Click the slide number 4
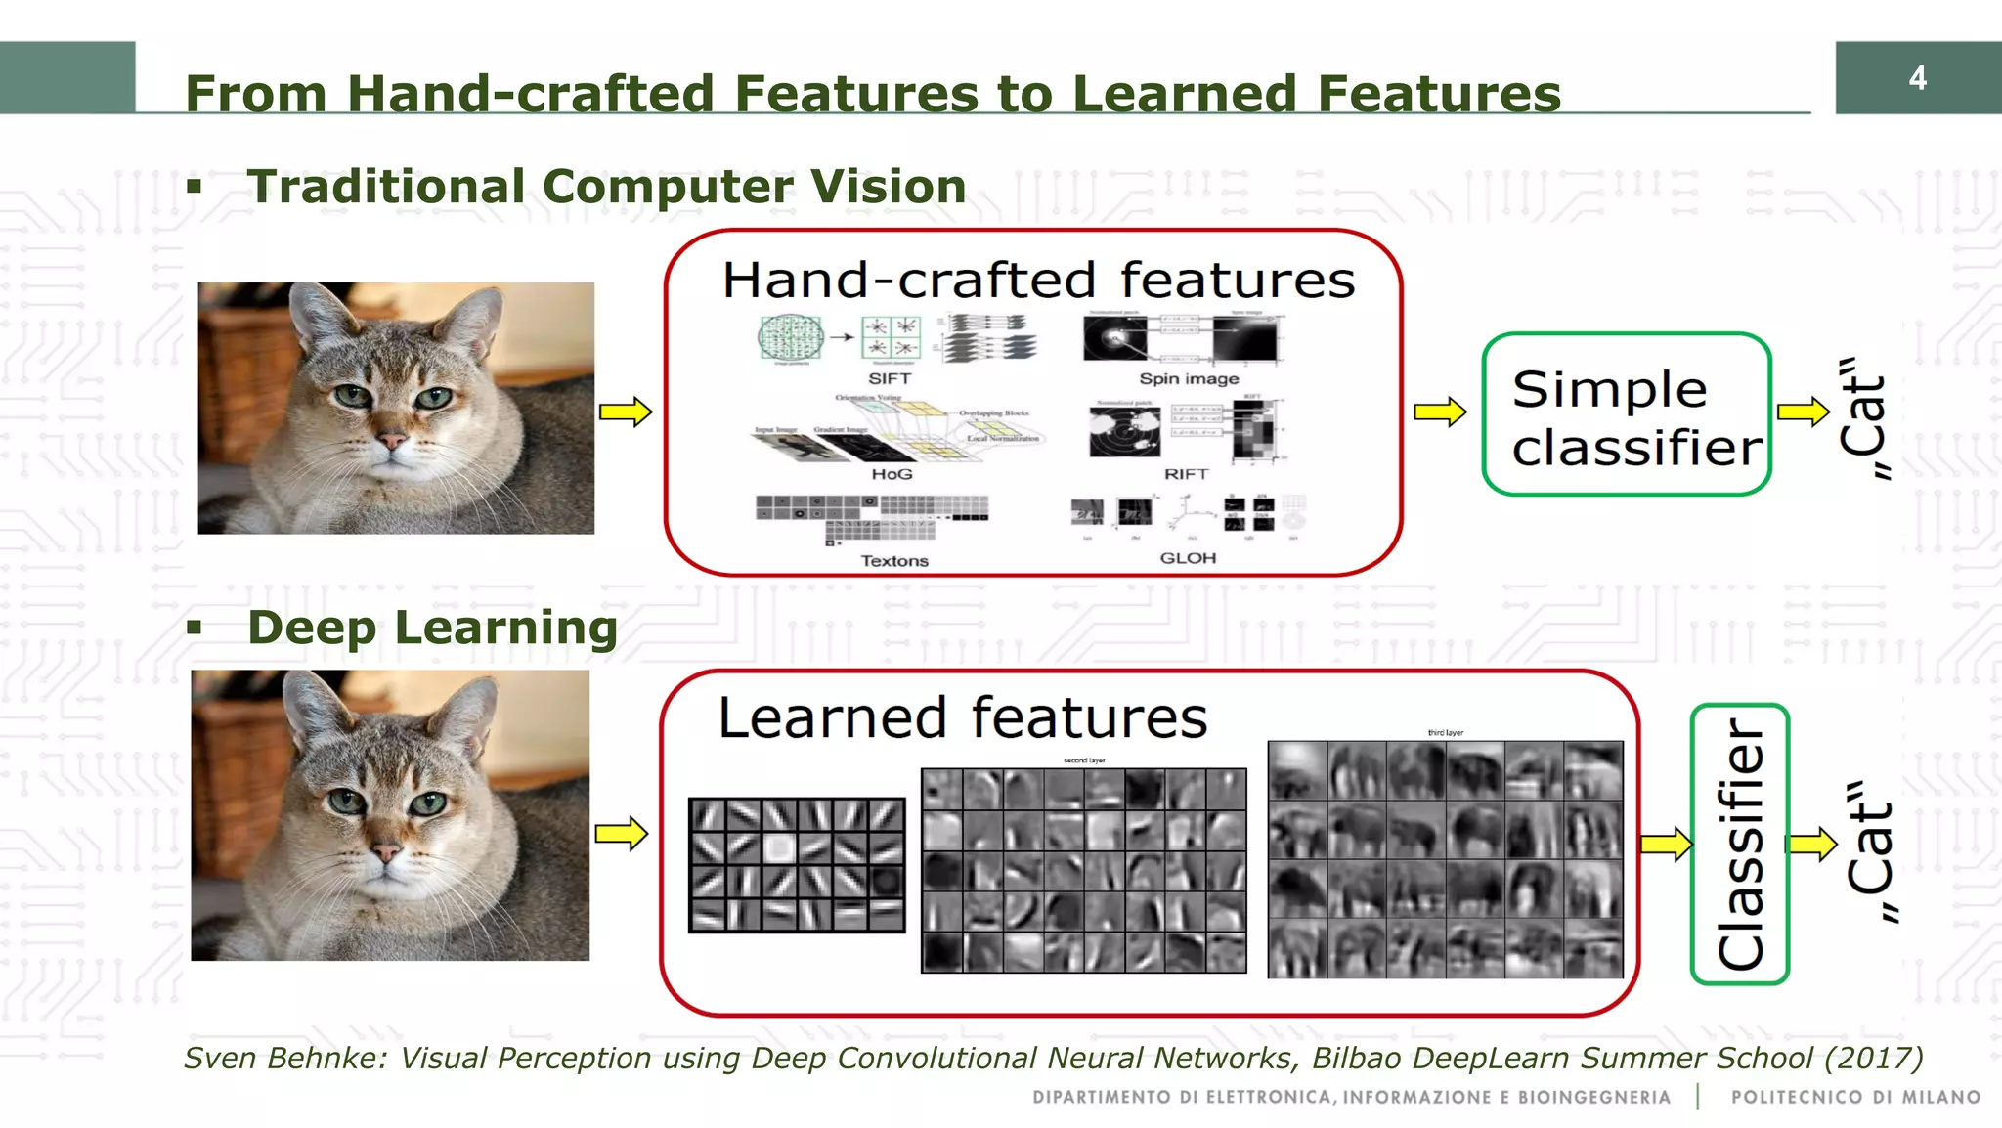[1917, 78]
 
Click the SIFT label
[890, 378]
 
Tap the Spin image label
[1189, 378]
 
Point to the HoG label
[892, 474]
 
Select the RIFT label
[1187, 474]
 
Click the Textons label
[894, 561]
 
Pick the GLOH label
[1188, 558]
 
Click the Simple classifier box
[1627, 414]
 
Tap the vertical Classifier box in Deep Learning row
[1740, 844]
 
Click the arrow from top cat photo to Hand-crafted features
[626, 412]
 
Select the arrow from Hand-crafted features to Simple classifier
[1440, 412]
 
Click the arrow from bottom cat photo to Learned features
[622, 834]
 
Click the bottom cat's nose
[387, 851]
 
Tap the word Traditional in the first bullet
[387, 187]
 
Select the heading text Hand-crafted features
[1038, 281]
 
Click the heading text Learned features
[963, 718]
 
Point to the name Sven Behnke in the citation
[283, 1058]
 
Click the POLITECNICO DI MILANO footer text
[1855, 1098]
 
